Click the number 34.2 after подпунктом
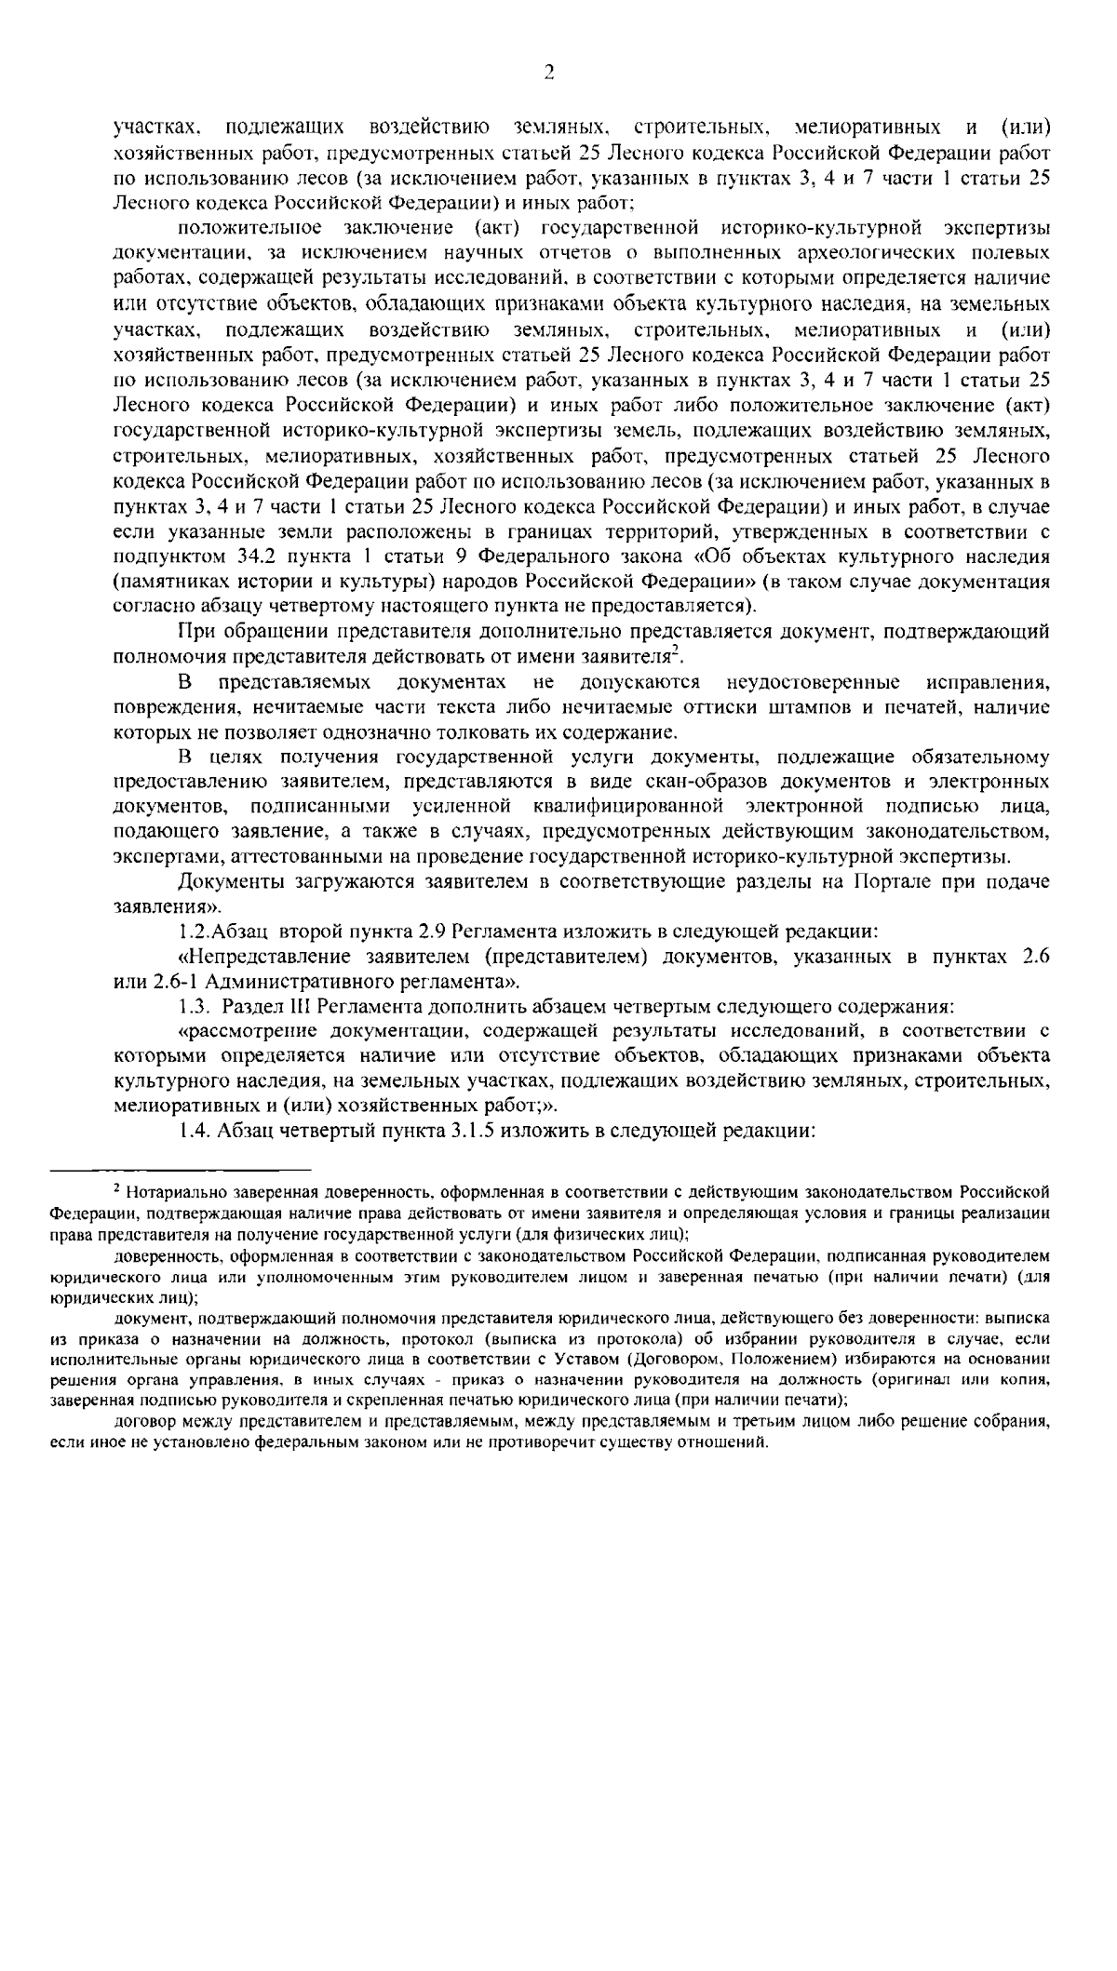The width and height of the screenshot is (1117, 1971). tap(243, 557)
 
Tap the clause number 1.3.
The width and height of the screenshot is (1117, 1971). tap(194, 1006)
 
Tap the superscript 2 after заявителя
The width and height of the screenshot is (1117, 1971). tap(675, 651)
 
